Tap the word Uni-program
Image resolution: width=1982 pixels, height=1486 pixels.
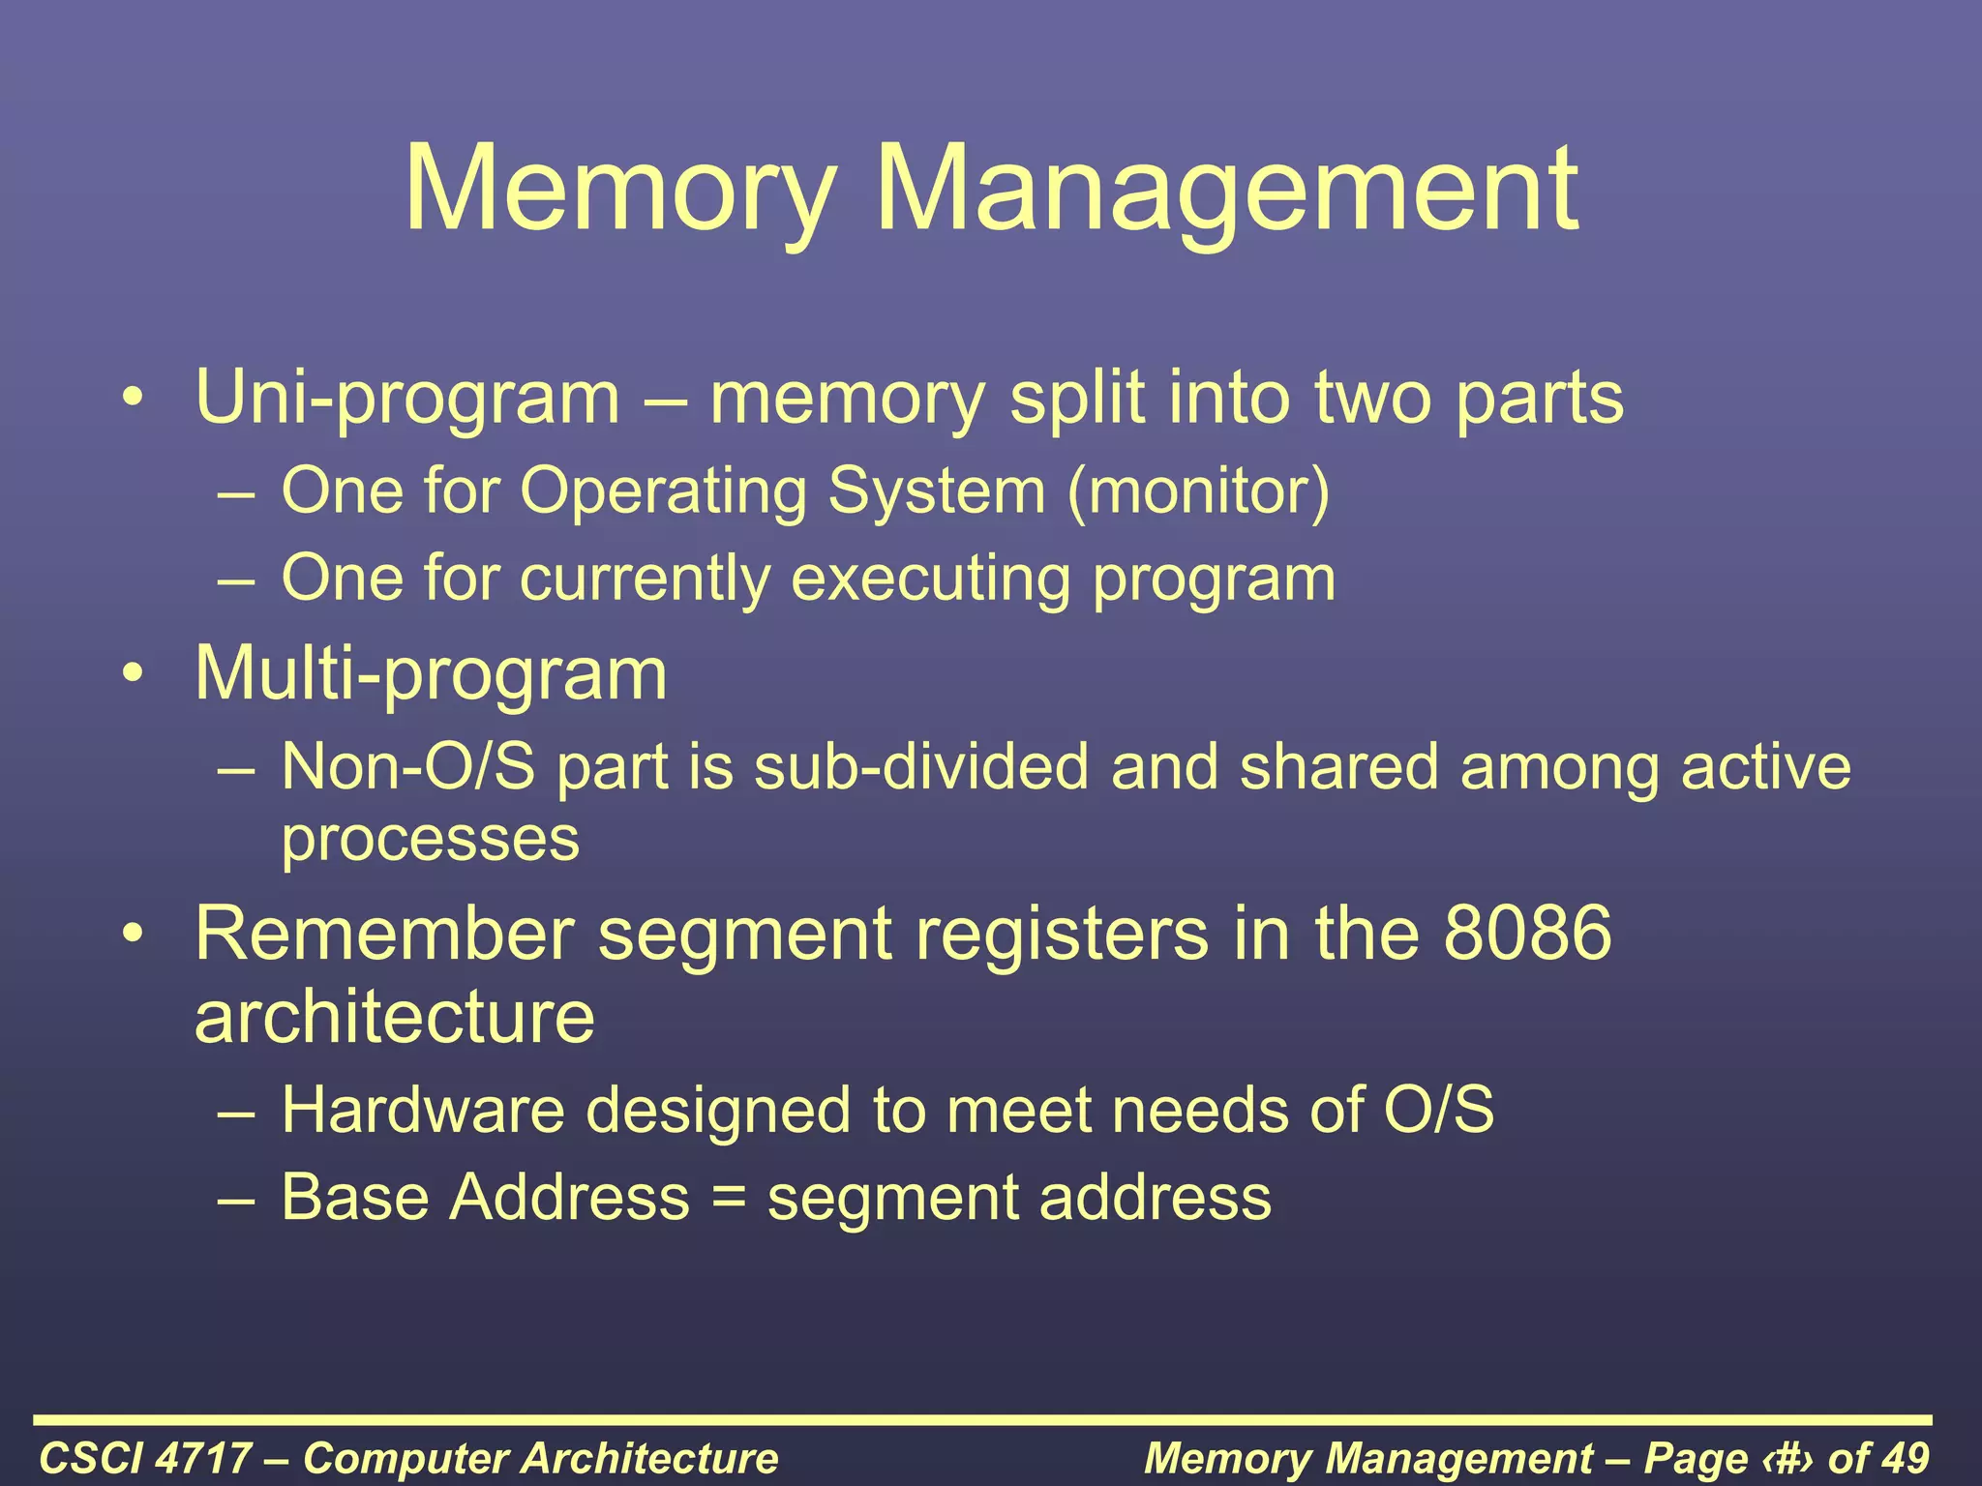click(407, 399)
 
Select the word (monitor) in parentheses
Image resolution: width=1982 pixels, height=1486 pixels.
click(1199, 491)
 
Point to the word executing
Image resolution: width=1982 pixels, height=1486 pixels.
click(931, 579)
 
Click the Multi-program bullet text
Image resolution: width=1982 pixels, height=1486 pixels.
click(431, 674)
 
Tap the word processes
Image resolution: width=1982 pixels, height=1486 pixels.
click(431, 838)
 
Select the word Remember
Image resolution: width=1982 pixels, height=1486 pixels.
click(384, 935)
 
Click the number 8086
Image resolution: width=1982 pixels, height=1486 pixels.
click(1527, 935)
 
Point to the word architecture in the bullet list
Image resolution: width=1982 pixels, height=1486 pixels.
click(395, 1018)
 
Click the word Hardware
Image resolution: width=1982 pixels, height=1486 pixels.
click(423, 1110)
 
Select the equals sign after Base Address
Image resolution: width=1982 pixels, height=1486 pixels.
click(729, 1198)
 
